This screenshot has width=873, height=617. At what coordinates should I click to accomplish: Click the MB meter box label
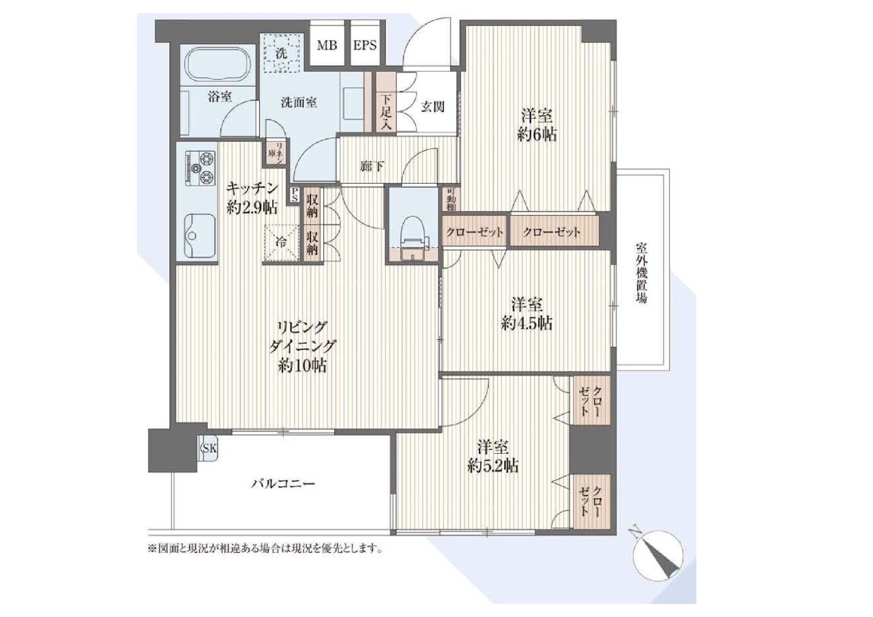327,46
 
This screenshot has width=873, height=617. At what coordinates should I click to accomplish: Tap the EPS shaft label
365,46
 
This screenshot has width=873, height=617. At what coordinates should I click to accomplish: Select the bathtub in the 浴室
219,63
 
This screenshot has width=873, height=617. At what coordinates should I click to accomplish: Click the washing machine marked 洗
282,53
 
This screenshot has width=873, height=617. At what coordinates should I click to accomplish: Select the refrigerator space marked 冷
282,242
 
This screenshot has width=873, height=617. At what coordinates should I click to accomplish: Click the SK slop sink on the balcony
209,448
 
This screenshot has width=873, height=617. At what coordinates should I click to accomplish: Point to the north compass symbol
657,554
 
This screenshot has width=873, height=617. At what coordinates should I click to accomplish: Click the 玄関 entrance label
432,106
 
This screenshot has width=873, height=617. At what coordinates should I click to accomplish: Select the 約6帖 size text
537,134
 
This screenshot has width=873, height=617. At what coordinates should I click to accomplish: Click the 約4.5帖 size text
527,324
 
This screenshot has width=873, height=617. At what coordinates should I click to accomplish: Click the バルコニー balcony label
282,484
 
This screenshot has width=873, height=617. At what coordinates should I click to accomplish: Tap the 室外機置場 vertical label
642,272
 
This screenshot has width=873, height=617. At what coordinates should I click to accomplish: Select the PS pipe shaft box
295,194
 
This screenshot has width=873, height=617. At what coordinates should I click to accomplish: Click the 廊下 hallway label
371,167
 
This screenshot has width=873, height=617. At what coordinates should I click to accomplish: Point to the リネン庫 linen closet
276,152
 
